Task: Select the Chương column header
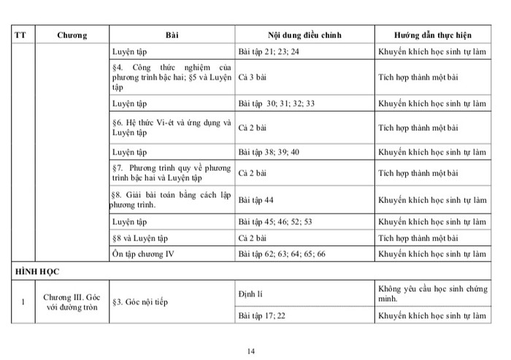pyautogui.click(x=72, y=35)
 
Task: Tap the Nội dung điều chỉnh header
pyautogui.click(x=304, y=35)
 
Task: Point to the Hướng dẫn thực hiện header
pyautogui.click(x=433, y=35)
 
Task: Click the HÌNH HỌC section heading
pyautogui.click(x=36, y=270)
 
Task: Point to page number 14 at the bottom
pyautogui.click(x=251, y=351)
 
